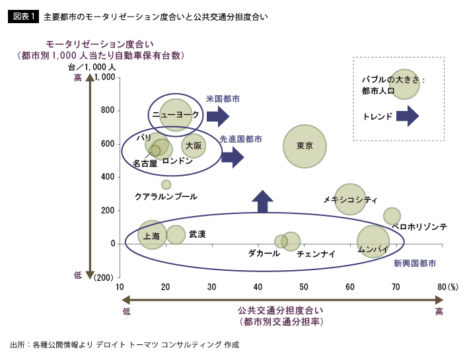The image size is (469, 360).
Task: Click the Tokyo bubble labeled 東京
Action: (x=305, y=146)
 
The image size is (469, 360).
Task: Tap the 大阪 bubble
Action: (x=194, y=145)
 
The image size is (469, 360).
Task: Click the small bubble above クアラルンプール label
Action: (x=166, y=185)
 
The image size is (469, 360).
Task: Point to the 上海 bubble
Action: (x=152, y=235)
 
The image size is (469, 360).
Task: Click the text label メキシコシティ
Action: (x=350, y=199)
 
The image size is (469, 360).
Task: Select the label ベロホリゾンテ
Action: (x=419, y=227)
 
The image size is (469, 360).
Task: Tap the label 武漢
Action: (x=198, y=234)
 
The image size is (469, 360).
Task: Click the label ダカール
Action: (x=264, y=253)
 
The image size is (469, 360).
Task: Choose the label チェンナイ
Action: (x=316, y=254)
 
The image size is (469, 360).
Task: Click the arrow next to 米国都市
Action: (x=217, y=118)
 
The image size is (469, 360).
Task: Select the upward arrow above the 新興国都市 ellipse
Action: (x=262, y=201)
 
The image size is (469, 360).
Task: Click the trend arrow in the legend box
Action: (x=407, y=116)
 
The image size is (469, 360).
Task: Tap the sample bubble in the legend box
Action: (x=404, y=84)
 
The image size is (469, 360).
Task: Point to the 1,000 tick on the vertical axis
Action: (x=106, y=77)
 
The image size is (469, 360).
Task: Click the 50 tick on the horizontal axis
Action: (x=304, y=287)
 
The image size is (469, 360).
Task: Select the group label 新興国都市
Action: (x=415, y=263)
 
